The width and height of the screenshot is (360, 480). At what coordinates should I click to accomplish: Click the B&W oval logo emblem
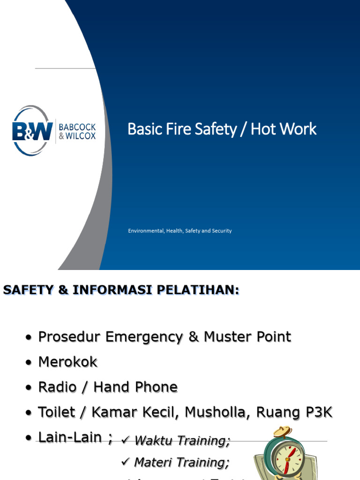pyautogui.click(x=32, y=130)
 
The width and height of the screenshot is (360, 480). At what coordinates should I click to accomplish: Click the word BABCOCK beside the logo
pyautogui.click(x=77, y=126)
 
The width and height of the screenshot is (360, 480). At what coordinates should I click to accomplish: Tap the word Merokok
pyautogui.click(x=68, y=362)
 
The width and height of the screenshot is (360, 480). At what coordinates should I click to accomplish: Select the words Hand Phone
pyautogui.click(x=135, y=387)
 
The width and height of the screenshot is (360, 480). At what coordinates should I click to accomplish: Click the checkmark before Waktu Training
pyautogui.click(x=125, y=440)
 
